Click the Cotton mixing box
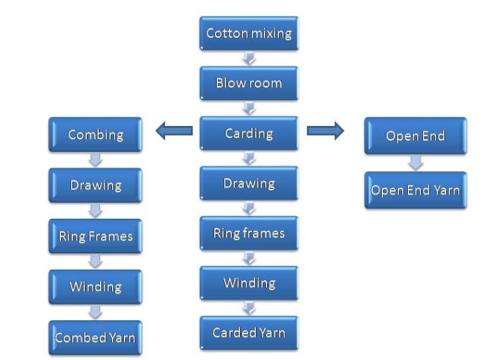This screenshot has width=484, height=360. click(249, 33)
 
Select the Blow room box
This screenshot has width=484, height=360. click(249, 83)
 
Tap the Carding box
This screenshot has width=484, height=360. click(249, 133)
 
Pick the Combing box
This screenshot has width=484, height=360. click(95, 135)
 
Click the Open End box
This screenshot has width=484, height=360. click(416, 136)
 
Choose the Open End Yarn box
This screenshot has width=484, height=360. click(416, 190)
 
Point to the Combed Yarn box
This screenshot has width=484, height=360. click(95, 337)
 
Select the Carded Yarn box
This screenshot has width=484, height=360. click(249, 333)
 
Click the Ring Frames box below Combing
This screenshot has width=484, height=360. click(95, 236)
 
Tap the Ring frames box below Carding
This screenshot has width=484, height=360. click(249, 233)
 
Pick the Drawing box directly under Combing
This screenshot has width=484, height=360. click(95, 185)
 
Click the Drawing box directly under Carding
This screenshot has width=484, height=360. click(249, 183)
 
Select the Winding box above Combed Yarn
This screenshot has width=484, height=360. click(95, 287)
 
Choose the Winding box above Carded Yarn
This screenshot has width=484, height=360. click(249, 283)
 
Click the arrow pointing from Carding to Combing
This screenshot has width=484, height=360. click(174, 131)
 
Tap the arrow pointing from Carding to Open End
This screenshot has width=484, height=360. click(326, 131)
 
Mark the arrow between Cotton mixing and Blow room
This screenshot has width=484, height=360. click(249, 58)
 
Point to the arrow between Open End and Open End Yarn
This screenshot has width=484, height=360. click(416, 162)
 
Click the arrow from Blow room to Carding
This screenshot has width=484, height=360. click(249, 108)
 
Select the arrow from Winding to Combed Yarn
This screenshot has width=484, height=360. click(95, 312)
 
